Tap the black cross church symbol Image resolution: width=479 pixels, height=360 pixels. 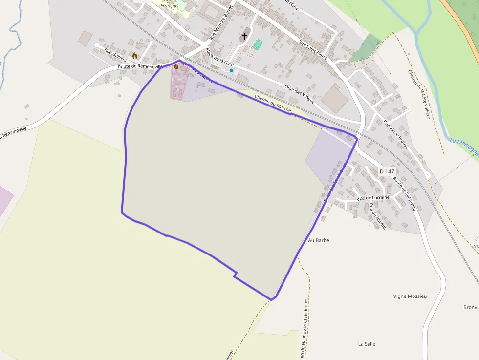point(244,36)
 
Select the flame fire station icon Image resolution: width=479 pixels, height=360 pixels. point(135,56)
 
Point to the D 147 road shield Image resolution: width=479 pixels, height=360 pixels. point(387,171)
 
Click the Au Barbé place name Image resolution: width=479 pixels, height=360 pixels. point(319,240)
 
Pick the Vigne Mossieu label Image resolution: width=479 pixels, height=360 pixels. point(410,296)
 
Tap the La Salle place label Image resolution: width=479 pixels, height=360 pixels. point(367,344)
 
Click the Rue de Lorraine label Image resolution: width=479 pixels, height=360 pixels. point(373,198)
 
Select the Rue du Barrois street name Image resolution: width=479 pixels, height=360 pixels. point(378,216)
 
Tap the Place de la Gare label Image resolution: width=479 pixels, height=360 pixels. point(219,58)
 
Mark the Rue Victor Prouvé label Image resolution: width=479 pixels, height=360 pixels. point(396,134)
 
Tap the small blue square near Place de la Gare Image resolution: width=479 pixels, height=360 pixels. point(231,70)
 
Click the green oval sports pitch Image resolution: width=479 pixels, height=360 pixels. point(258,45)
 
